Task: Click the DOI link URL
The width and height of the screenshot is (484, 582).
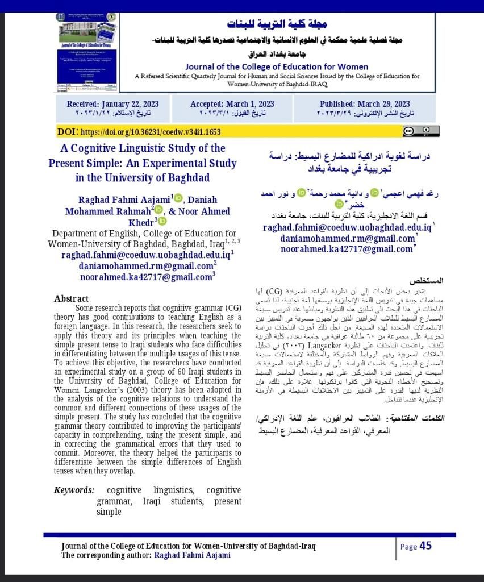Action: pos(151,132)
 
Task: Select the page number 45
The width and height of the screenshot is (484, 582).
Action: pos(425,546)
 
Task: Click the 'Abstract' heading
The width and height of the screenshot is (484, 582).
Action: pos(72,298)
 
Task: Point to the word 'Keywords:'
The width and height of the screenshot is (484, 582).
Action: pos(74,490)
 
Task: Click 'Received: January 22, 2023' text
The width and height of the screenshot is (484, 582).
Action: pos(112,104)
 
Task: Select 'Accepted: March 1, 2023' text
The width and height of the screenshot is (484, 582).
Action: pos(232,104)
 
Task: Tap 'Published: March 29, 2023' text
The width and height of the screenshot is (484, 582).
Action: pos(365,104)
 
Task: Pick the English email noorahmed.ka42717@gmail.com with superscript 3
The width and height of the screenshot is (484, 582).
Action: pos(146,277)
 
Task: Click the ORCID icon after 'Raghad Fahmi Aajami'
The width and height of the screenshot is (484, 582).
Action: pos(179,199)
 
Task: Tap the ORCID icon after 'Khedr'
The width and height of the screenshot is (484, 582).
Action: pos(162,221)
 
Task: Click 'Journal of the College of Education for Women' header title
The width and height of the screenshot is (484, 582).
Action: pos(277,66)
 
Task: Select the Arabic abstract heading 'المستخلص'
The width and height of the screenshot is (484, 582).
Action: pos(427,281)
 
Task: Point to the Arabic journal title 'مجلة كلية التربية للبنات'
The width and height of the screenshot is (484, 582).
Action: pos(277,24)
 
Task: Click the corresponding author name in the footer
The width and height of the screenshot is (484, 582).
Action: pos(192,555)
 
